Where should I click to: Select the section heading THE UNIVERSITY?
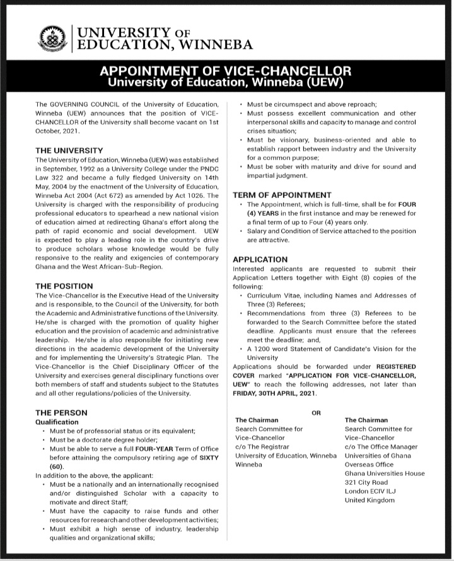69,151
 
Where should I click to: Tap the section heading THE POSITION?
65,286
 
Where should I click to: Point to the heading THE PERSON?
62,412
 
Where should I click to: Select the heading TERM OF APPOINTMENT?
282,195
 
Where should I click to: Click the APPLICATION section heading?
260,259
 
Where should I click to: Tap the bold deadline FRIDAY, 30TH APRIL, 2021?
271,393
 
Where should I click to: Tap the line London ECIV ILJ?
375,491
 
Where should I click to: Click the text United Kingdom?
370,500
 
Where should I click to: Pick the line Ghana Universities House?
385,473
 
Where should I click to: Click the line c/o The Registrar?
262,446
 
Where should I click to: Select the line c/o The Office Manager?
381,446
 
